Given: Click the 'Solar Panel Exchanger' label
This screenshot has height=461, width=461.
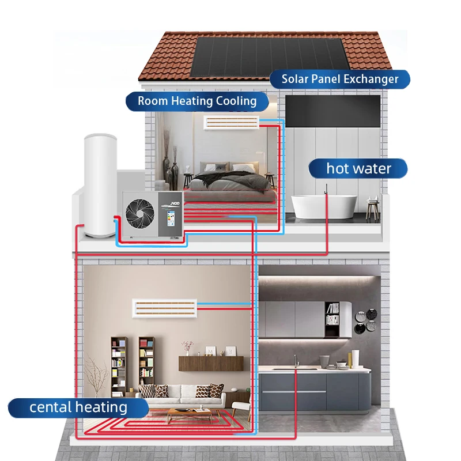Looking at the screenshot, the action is click(340, 79).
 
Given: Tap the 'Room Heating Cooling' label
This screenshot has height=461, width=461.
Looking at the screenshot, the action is click(197, 101).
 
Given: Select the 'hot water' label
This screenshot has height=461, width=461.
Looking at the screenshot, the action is click(358, 169).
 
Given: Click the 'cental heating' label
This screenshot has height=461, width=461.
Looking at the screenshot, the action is click(78, 407).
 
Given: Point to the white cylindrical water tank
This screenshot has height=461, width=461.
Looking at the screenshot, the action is click(100, 184).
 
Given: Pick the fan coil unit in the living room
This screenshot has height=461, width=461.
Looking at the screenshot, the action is click(165, 307).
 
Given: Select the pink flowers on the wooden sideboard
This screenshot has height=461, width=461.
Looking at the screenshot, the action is click(187, 346).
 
